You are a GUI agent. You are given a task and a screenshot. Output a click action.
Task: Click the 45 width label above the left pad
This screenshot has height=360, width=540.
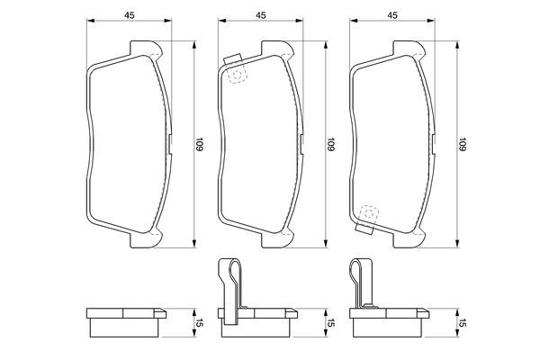coord(129,15)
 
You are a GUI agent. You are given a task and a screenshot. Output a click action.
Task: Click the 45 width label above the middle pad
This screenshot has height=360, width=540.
coord(261,15)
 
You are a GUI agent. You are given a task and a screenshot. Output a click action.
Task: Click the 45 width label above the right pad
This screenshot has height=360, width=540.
coord(392,15)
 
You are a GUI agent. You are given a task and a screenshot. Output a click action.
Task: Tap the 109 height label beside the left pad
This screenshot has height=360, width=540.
coord(199,144)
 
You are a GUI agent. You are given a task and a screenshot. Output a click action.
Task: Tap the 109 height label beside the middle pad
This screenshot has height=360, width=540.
coord(330,144)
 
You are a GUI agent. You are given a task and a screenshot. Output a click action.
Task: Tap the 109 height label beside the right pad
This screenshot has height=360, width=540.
coord(463,144)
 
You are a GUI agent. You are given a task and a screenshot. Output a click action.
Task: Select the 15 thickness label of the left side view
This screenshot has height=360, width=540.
coord(200,323)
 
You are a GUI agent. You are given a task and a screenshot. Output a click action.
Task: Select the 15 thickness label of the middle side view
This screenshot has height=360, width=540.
coord(330,323)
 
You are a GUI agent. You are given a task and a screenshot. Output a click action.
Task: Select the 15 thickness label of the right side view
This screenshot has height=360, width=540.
coord(463,323)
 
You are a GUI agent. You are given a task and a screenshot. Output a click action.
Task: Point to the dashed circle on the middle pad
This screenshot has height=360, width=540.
coord(237,75)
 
